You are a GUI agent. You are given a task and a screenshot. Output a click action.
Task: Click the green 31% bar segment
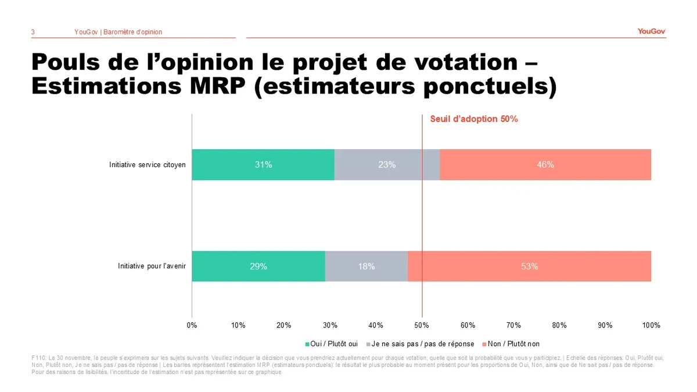click(x=263, y=164)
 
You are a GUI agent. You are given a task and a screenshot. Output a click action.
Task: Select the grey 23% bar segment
click(x=387, y=164)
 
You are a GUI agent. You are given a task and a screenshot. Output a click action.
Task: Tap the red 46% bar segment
click(x=545, y=164)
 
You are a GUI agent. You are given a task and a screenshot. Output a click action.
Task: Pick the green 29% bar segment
click(x=258, y=267)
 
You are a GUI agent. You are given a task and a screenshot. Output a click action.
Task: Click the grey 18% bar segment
click(x=366, y=267)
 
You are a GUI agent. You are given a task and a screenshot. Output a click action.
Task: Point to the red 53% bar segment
click(x=529, y=267)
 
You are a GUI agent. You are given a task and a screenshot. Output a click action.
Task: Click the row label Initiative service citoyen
click(x=148, y=165)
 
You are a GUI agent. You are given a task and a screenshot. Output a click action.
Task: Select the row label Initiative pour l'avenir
click(x=152, y=267)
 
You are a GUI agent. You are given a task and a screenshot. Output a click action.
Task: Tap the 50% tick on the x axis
click(x=422, y=325)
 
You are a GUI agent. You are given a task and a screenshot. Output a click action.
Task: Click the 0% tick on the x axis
click(x=192, y=325)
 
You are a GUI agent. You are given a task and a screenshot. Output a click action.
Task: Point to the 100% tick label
click(x=651, y=325)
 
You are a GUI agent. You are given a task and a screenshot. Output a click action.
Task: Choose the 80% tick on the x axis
click(x=559, y=325)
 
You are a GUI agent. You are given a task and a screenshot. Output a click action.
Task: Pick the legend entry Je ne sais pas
click(x=422, y=344)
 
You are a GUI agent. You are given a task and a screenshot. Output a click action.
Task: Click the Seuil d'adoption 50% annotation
click(x=474, y=119)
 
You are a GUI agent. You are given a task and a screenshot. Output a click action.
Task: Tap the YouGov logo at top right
click(x=651, y=31)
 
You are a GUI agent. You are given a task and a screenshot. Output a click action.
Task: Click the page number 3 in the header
click(x=33, y=32)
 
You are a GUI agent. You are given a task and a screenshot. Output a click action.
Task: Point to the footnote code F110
click(x=39, y=358)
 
